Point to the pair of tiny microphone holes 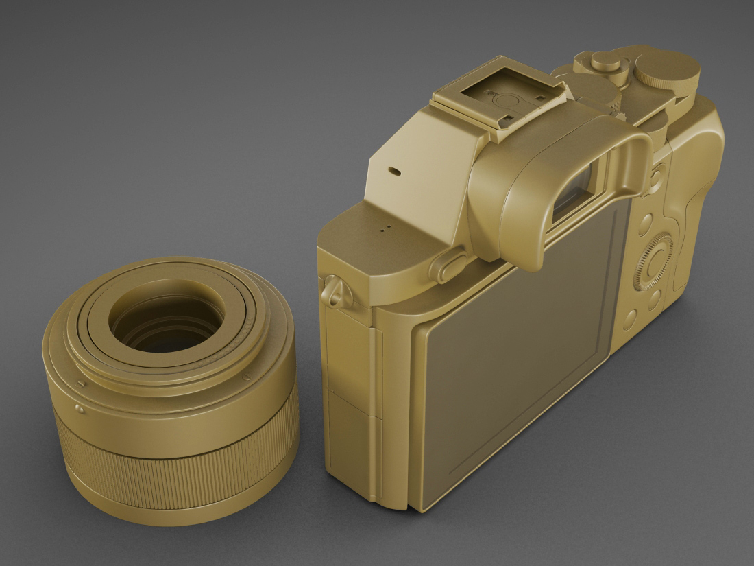385,226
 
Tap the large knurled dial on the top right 667,69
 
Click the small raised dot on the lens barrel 80,410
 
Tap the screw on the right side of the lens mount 246,377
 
